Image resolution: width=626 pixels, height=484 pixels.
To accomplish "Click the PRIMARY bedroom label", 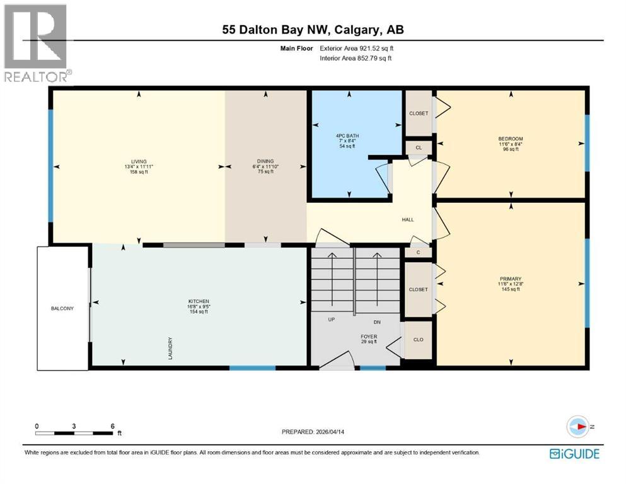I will pos(511,279).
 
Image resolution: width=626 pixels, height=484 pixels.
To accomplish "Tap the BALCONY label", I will pos(62,308).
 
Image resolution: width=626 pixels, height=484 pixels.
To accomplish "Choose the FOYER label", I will pos(369,337).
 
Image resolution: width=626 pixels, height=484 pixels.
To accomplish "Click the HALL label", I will pos(408,219).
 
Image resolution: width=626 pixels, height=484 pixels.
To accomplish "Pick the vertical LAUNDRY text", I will pos(171,348).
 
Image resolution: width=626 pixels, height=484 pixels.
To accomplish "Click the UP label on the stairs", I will pos(331,320).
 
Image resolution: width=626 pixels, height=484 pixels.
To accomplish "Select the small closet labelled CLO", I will pos(418,339).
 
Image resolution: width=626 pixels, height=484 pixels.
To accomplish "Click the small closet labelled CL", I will pos(418,146).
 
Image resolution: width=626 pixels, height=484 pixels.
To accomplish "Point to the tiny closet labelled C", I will pos(418,252).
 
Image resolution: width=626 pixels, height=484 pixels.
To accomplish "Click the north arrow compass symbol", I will pos(577,427).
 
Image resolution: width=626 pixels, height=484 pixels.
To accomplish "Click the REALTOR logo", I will pos(36,44).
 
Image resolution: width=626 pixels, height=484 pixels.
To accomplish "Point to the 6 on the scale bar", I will pos(112,426).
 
